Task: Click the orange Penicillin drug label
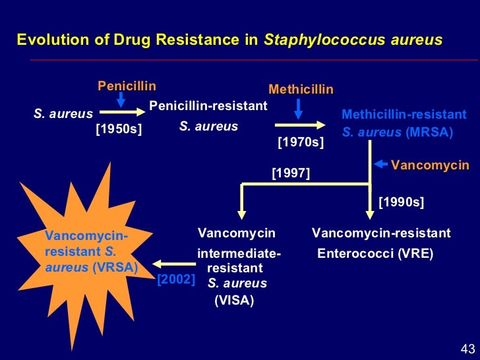(127, 86)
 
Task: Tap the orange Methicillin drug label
(301, 90)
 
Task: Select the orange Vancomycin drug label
(430, 165)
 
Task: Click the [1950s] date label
(119, 129)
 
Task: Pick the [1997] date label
(291, 173)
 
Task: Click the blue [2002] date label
(176, 280)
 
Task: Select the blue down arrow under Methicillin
(298, 108)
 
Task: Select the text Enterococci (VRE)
(375, 253)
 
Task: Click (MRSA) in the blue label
(429, 132)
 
